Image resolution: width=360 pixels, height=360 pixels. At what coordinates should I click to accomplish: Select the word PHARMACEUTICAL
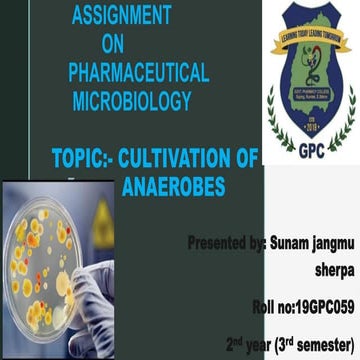click(x=138, y=72)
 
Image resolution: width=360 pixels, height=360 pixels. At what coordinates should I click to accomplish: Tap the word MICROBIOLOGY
click(x=133, y=101)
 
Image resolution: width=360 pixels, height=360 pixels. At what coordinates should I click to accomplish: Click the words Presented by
click(x=228, y=244)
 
